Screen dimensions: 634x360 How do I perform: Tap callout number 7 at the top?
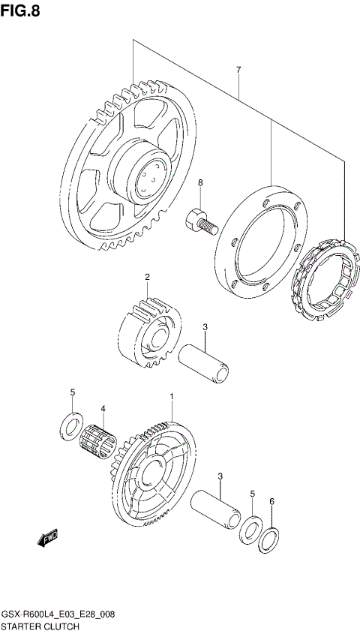tap(238, 70)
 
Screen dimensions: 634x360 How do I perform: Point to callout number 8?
tap(200, 182)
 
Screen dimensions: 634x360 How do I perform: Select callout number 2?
tap(148, 277)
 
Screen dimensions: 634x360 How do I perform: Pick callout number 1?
tap(172, 396)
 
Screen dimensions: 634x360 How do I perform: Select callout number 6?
tap(272, 501)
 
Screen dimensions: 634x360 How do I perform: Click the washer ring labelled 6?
tap(270, 539)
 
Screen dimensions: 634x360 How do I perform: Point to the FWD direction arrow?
tap(47, 536)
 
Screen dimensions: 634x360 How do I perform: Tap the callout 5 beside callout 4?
tap(73, 392)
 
